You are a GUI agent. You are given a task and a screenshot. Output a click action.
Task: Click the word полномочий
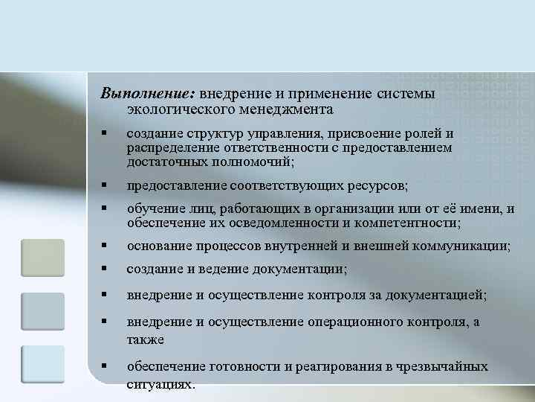coord(252,162)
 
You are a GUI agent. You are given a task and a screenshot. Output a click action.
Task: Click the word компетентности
coord(409,223)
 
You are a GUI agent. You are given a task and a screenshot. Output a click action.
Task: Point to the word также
coord(144,338)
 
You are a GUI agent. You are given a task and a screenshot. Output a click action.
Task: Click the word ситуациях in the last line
coord(160,385)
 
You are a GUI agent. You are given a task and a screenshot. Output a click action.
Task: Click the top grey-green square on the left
coord(42,258)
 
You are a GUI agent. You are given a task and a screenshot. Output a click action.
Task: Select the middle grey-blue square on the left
coord(42,310)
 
